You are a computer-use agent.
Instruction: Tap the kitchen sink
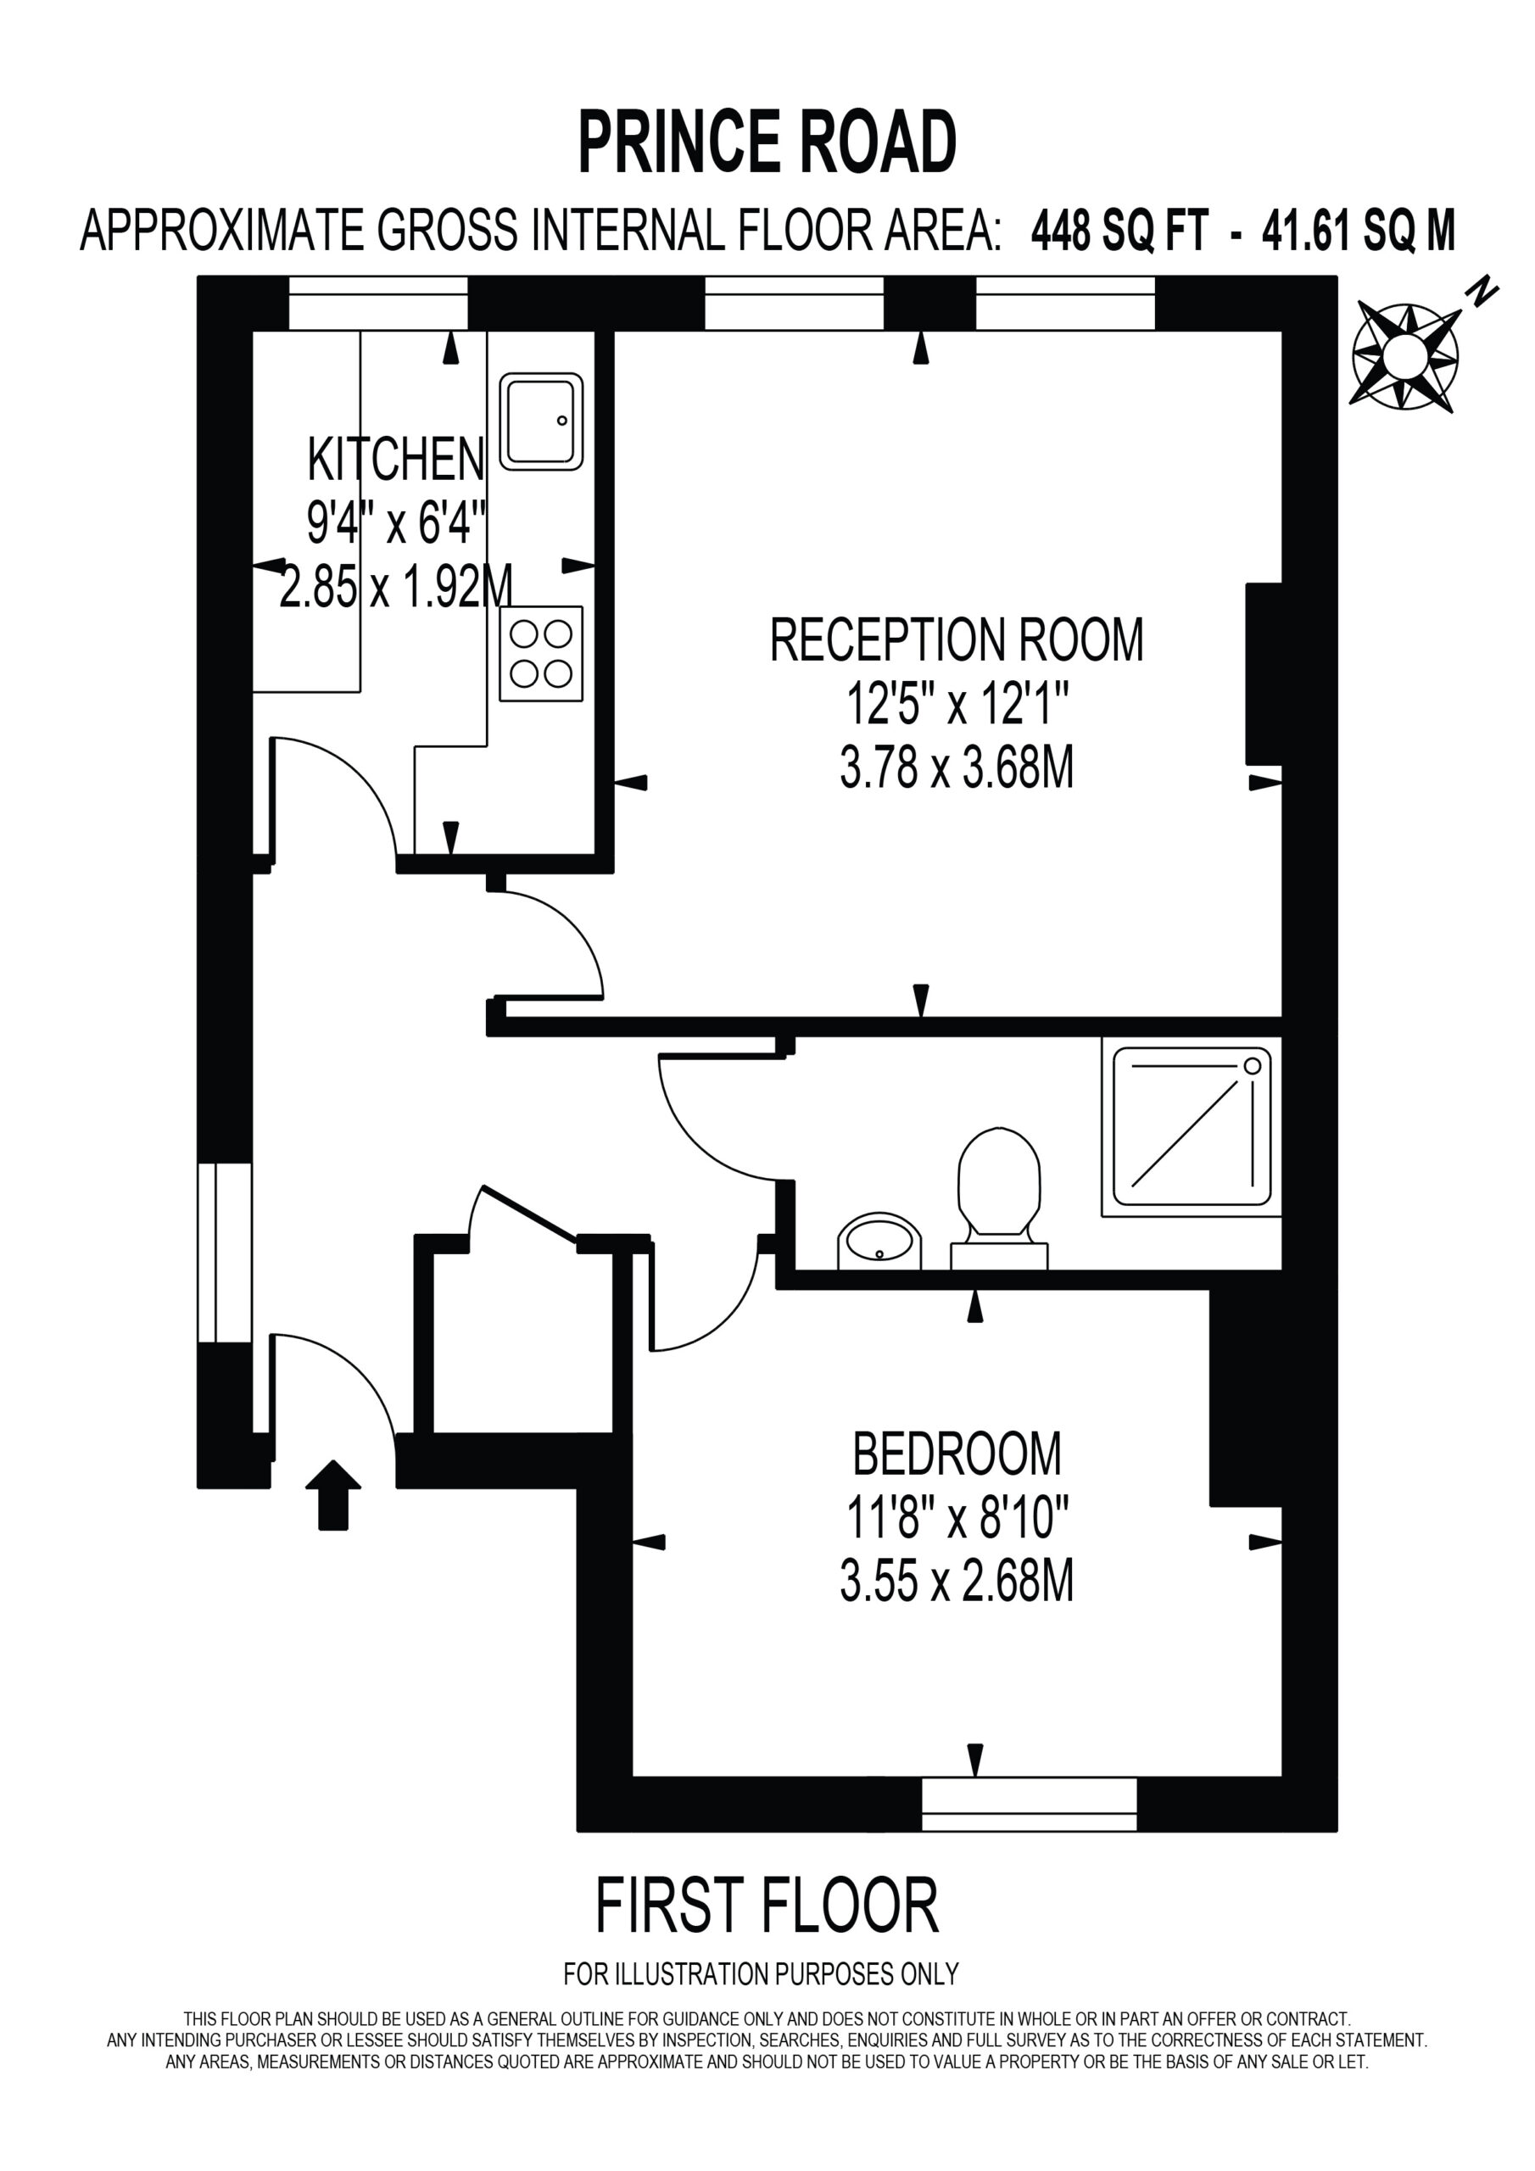[540, 421]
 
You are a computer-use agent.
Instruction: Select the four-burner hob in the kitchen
[541, 653]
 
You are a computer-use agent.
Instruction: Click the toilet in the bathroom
[999, 1197]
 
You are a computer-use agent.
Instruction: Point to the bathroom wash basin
[879, 1241]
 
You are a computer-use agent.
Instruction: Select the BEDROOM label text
[957, 1454]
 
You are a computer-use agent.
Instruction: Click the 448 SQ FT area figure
[1119, 230]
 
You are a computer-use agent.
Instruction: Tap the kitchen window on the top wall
[378, 304]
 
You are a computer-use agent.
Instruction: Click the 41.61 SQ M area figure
[1359, 230]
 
